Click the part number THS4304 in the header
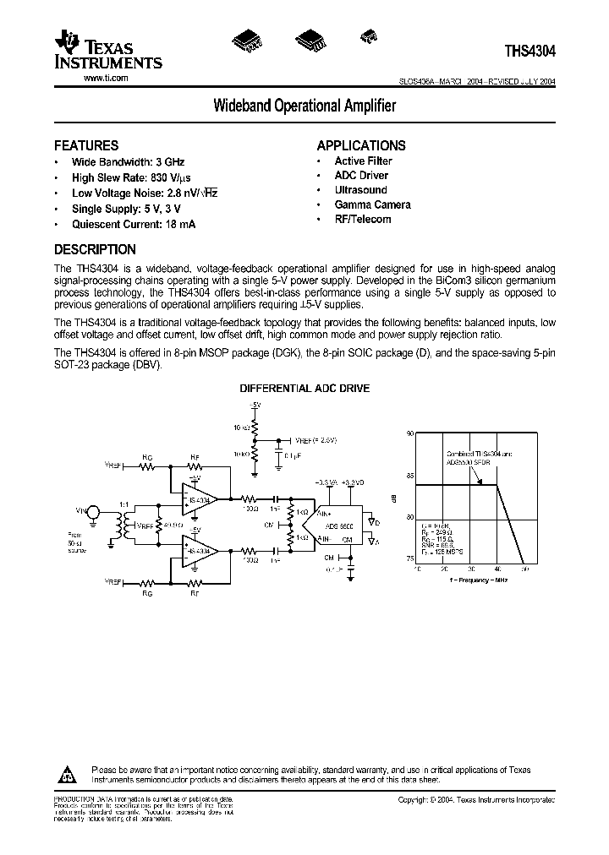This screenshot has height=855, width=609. pos(529,51)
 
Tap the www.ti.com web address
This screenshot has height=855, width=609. pos(106,77)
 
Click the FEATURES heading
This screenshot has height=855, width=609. pos(86,145)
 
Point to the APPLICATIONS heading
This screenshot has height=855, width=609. pos(361,145)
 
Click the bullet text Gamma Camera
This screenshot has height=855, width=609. pos(372,204)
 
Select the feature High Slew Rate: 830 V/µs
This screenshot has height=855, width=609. pos(131,178)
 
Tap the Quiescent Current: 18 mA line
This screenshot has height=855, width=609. pos(134,225)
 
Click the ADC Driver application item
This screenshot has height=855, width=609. pos(361,175)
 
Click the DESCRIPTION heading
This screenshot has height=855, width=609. pos(95,249)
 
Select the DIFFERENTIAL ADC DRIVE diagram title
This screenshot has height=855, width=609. pos(304,389)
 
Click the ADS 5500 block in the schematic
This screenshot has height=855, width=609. pos(341,525)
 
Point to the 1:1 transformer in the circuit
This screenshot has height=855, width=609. pos(125,524)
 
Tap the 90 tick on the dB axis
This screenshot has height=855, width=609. pos(409,433)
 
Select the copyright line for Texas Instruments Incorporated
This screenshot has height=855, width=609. pos(477,799)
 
